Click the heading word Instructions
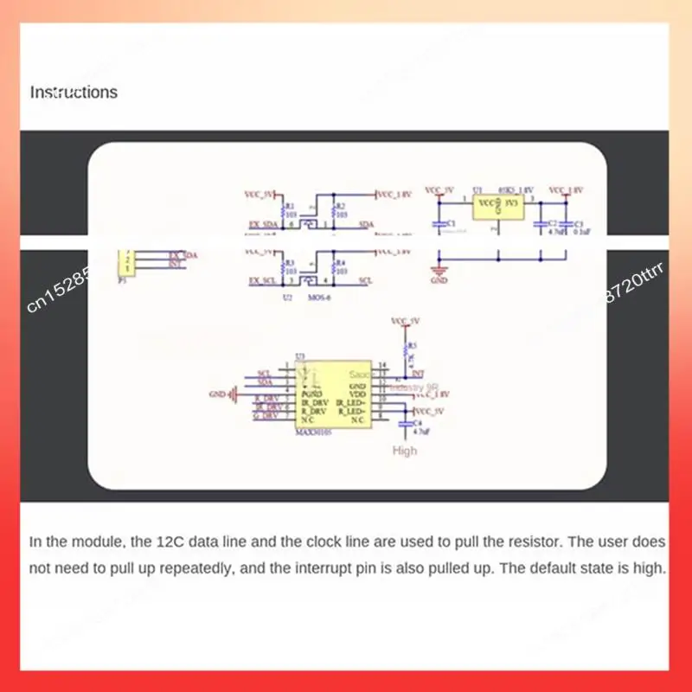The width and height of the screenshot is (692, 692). [x=74, y=92]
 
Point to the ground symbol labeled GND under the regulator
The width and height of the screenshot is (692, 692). [x=439, y=272]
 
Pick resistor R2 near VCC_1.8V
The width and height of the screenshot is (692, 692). [x=334, y=209]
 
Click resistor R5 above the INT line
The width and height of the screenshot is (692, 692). [x=406, y=350]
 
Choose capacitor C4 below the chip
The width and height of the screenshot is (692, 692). [x=404, y=425]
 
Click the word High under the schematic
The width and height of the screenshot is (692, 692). [x=405, y=450]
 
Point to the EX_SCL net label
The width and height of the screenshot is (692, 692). [x=261, y=281]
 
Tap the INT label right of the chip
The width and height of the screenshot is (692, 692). [x=419, y=374]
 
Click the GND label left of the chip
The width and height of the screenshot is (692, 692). [x=217, y=394]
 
